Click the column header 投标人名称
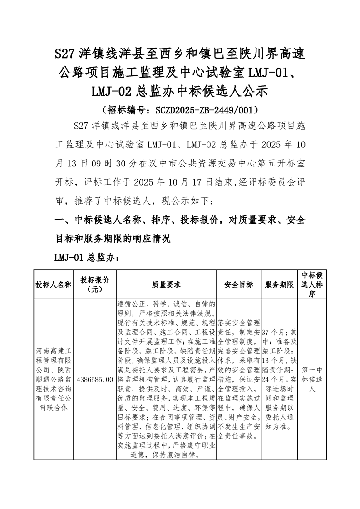(54, 284)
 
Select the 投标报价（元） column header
(95, 284)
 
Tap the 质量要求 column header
(166, 284)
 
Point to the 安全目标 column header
(239, 284)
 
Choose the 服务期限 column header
(279, 284)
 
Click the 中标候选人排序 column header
(312, 284)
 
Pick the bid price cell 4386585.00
(95, 379)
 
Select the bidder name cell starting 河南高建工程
(54, 379)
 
